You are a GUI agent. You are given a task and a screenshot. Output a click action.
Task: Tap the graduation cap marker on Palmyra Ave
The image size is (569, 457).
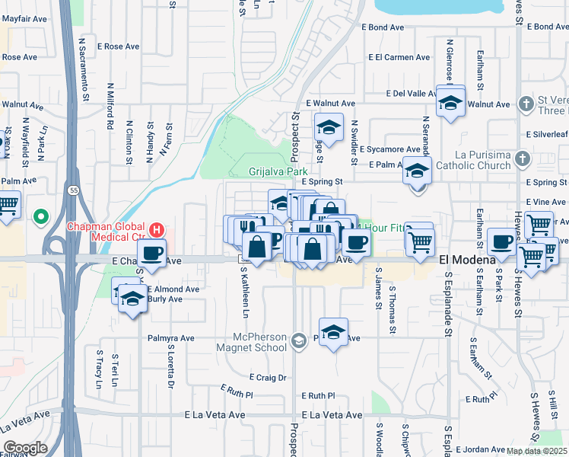click(x=333, y=332)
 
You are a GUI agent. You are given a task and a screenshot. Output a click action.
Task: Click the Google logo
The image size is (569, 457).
click(x=25, y=447)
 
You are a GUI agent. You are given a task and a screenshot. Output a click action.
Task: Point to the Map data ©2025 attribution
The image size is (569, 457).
click(x=537, y=451)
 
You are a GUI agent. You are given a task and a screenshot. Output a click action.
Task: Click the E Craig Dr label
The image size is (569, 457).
click(x=268, y=377)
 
